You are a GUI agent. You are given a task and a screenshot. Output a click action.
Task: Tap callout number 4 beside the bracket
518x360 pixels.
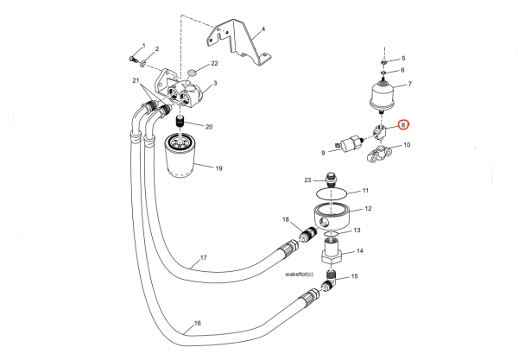tap(262, 29)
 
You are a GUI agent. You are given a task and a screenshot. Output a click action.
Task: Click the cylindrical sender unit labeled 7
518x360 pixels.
tap(385, 92)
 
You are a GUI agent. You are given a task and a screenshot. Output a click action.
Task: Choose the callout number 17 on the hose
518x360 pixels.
tap(204, 258)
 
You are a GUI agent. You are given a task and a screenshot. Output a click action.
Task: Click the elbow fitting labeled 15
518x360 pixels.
tap(330, 281)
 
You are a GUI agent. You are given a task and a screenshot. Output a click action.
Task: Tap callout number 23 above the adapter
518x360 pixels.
tap(306, 180)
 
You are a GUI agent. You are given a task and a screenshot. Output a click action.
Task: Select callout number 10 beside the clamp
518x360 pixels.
tap(407, 145)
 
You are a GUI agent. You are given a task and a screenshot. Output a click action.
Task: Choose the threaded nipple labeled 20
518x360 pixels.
tap(182, 119)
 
